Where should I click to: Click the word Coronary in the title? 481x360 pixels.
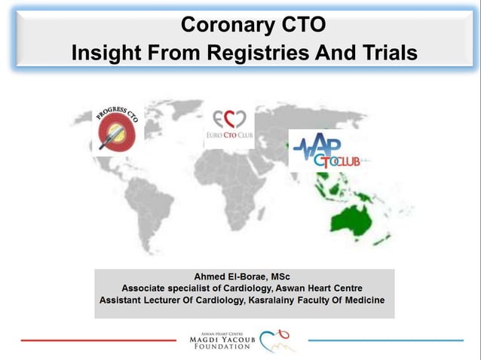point(224,25)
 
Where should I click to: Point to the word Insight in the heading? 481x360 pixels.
point(105,53)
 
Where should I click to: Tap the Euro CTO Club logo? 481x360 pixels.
point(229,127)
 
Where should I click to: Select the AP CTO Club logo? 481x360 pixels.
point(329,151)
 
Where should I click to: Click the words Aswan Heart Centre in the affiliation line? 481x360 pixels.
point(315,288)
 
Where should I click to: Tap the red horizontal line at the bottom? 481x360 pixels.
point(98,340)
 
